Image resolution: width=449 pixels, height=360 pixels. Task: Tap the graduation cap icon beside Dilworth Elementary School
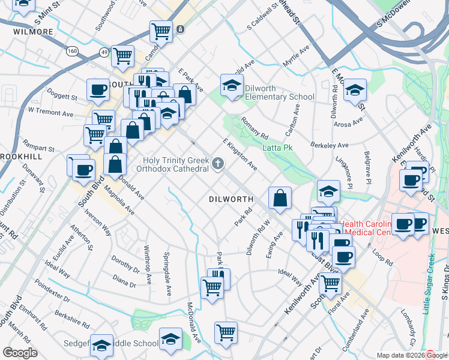click(x=231, y=86)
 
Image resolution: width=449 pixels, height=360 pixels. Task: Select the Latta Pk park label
click(x=277, y=147)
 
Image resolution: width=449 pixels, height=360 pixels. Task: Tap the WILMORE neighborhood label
click(x=33, y=31)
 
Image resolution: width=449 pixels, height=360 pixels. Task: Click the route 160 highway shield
click(x=72, y=51)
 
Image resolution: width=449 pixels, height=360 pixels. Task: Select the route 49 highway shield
click(x=104, y=52)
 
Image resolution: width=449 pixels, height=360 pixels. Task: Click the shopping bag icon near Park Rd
click(x=280, y=198)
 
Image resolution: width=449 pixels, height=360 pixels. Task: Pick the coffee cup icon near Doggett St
click(x=98, y=91)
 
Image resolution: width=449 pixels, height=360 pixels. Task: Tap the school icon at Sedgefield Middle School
click(x=101, y=345)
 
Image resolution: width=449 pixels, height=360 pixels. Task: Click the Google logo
click(x=20, y=353)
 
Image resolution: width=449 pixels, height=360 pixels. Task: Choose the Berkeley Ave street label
click(x=329, y=145)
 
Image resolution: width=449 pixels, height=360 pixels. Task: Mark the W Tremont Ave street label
click(x=50, y=112)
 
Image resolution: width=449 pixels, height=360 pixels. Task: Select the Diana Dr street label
click(x=124, y=280)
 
